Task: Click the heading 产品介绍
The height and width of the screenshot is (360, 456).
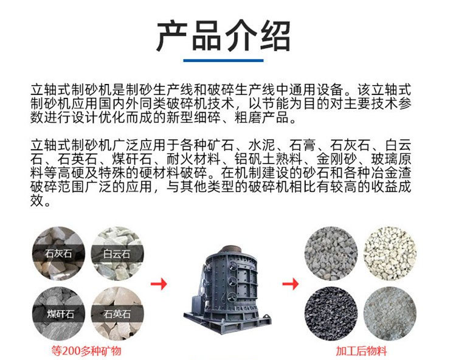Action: coord(223,36)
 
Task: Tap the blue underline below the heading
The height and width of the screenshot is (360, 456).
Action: coord(223,60)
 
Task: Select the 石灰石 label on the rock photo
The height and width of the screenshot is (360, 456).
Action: coord(58,254)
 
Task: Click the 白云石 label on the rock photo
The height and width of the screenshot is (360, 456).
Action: coord(117,254)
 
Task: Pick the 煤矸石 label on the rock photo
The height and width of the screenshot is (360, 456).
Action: coord(60,314)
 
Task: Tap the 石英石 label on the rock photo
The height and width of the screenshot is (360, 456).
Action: coord(117,314)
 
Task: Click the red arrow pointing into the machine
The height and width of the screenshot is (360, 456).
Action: coord(159,284)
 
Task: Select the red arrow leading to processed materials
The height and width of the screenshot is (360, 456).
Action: coord(291,284)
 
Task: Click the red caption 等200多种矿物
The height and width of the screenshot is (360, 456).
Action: coord(86,351)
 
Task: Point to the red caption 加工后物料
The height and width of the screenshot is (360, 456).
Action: coord(362,351)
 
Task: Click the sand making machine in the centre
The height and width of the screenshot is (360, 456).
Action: coord(227,289)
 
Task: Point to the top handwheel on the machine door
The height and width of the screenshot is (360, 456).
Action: coord(233,266)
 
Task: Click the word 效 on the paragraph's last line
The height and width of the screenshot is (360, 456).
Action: coord(37,201)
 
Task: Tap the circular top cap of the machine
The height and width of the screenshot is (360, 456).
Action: coord(230,251)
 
